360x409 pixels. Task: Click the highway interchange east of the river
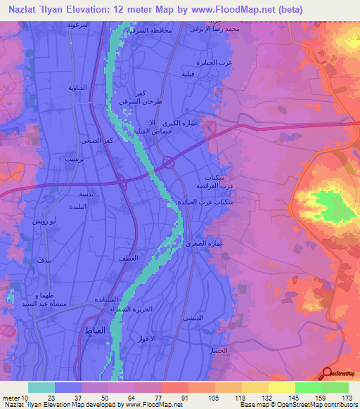169,162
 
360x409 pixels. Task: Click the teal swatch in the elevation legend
41,387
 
